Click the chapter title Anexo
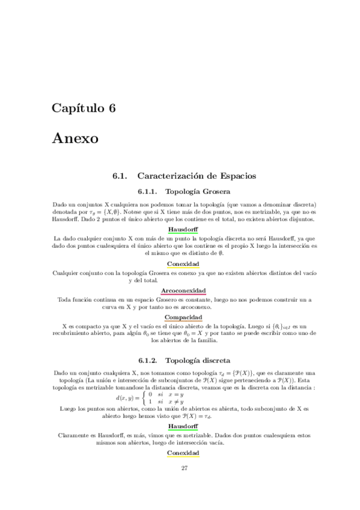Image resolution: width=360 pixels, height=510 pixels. [x=75, y=138]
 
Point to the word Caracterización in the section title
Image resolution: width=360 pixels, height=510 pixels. [x=171, y=176]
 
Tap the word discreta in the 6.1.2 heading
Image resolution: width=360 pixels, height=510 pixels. [x=213, y=361]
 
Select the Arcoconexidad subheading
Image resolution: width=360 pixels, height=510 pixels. [x=184, y=290]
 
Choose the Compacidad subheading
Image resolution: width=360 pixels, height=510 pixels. [x=184, y=317]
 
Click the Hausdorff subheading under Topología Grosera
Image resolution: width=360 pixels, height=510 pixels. [x=184, y=230]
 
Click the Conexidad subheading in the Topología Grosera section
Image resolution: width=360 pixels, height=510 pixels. [x=184, y=264]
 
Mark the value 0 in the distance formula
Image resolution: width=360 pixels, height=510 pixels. [x=150, y=394]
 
